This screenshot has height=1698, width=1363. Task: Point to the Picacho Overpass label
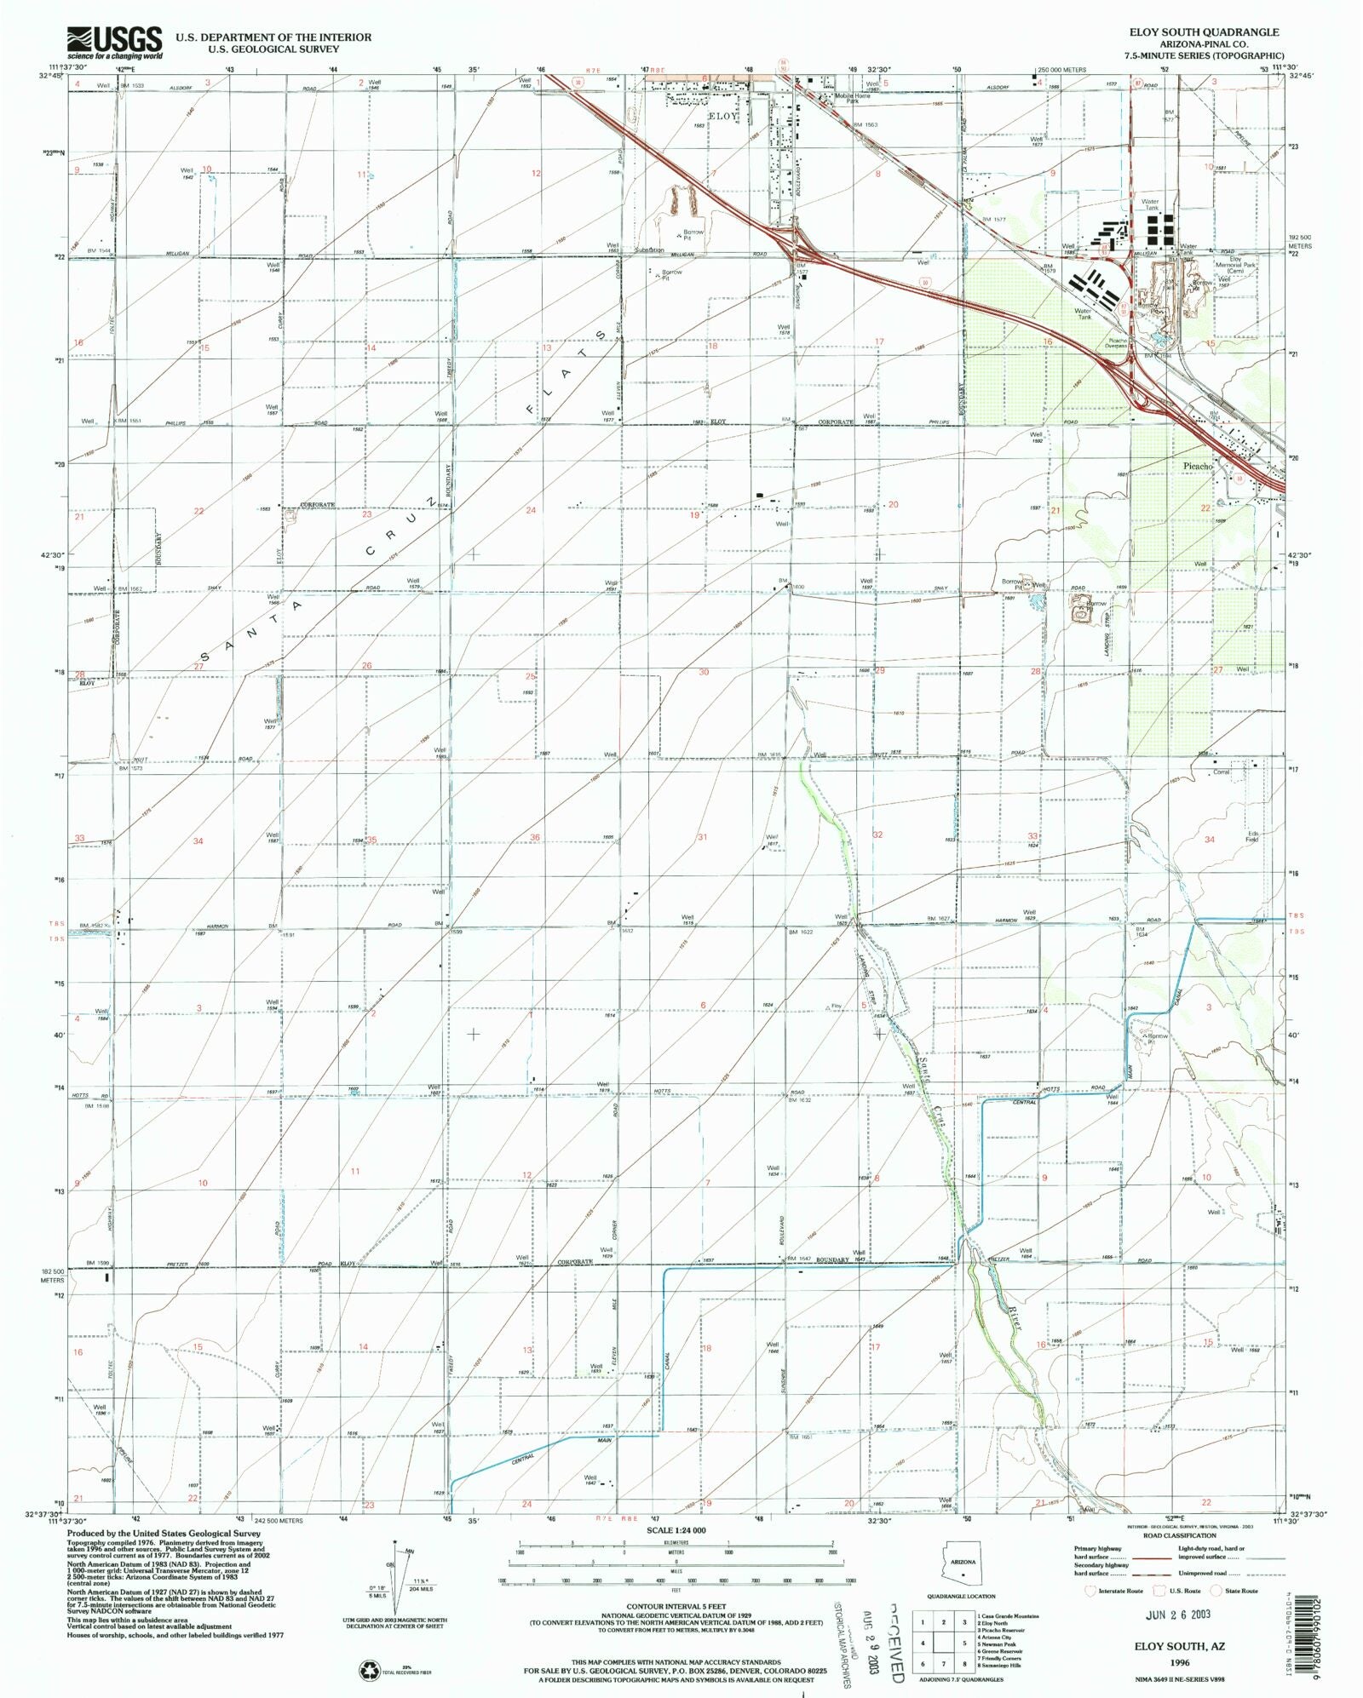(x=1118, y=343)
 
